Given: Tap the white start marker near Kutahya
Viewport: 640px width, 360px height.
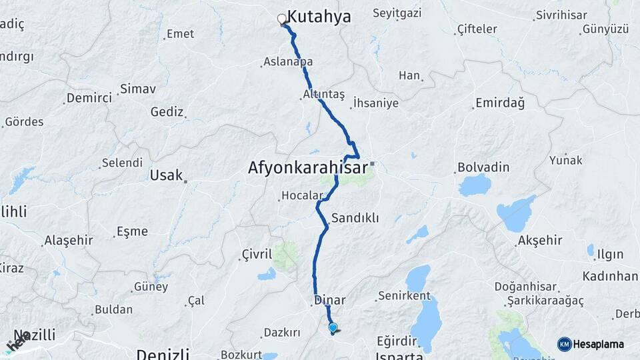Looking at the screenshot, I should pyautogui.click(x=282, y=19).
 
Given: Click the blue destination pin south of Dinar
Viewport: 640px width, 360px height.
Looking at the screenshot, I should pyautogui.click(x=333, y=327).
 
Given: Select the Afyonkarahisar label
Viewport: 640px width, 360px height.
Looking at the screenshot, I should pyautogui.click(x=307, y=168).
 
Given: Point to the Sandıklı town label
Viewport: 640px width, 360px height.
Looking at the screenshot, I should pyautogui.click(x=355, y=218).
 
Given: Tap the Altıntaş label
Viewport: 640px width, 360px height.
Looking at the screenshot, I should pyautogui.click(x=323, y=95).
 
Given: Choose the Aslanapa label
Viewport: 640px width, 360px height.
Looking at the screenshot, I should pyautogui.click(x=288, y=61).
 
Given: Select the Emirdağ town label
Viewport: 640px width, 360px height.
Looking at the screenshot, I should pyautogui.click(x=499, y=103).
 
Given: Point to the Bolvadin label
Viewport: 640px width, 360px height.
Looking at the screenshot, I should pyautogui.click(x=483, y=167).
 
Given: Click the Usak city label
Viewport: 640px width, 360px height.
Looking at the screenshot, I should pyautogui.click(x=166, y=175).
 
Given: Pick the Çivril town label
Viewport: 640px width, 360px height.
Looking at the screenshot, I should pyautogui.click(x=257, y=254).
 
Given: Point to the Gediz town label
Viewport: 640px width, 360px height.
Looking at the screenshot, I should pyautogui.click(x=167, y=111).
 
